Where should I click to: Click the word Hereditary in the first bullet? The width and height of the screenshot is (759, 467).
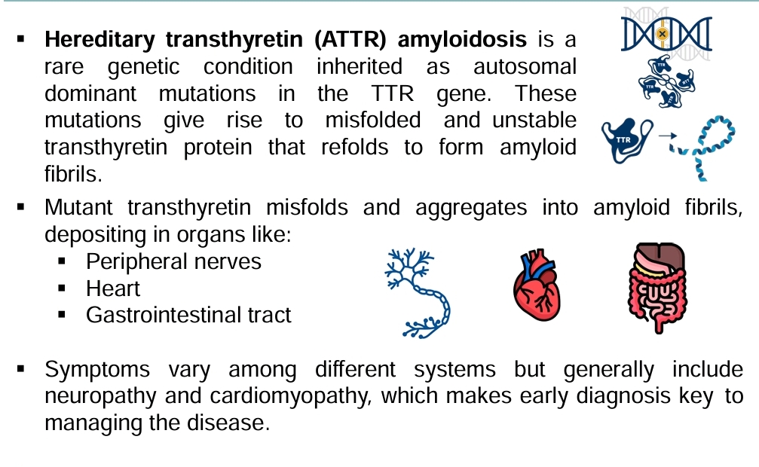pos(99,40)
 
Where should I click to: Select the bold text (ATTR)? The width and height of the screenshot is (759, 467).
pos(350,40)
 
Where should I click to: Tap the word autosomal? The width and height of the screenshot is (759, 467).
pos(525,66)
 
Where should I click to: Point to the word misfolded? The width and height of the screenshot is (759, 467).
pos(373,120)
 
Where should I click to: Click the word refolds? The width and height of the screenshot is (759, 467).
pos(354,147)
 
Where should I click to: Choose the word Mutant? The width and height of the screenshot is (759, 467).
pos(78,208)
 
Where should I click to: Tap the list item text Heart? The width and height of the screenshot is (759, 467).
pos(113,288)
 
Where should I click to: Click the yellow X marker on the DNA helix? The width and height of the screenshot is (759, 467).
pos(663,33)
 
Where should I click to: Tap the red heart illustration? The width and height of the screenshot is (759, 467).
pos(537,285)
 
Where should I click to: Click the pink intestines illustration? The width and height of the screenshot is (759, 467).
pos(656,288)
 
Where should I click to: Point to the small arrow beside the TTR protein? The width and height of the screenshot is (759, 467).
pos(668,136)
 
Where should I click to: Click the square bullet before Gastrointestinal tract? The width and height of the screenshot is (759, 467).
pos(62,315)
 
